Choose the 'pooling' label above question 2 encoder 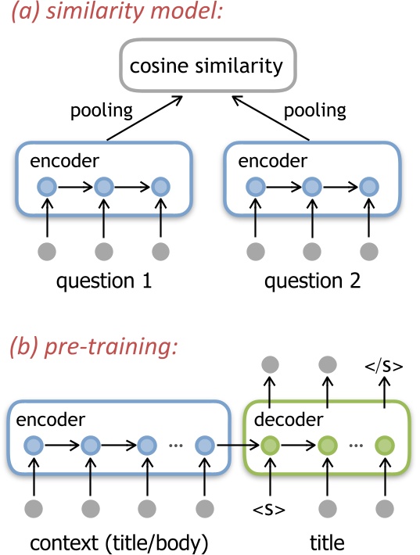[314, 110]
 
